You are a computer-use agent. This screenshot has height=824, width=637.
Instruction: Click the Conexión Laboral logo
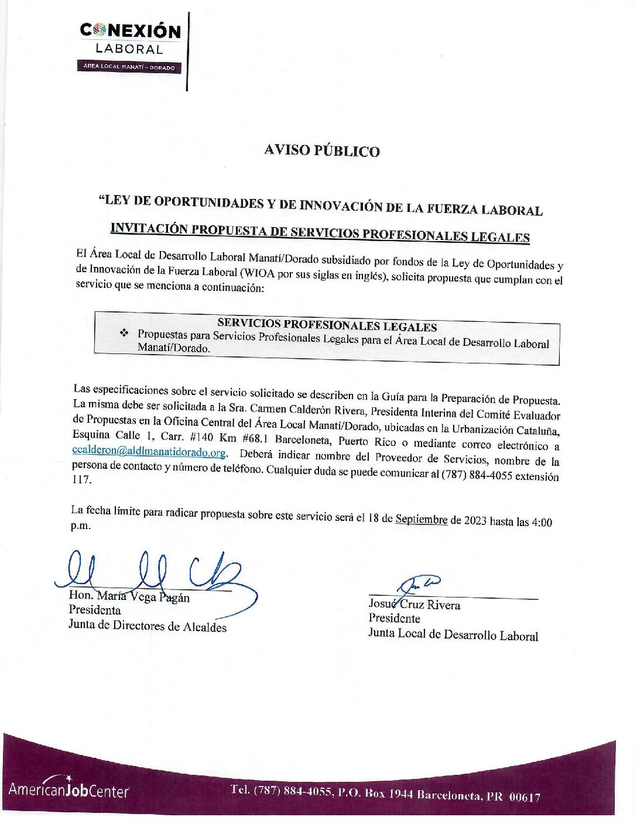point(130,39)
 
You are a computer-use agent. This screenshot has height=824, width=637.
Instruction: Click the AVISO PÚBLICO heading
point(321,150)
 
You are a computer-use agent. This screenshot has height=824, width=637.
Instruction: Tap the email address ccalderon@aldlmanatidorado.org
point(149,452)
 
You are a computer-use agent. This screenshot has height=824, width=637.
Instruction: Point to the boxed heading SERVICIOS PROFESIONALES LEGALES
point(327,325)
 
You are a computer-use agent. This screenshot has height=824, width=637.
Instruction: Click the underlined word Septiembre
point(421,519)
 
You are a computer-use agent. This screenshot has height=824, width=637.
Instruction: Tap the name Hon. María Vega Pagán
point(129,596)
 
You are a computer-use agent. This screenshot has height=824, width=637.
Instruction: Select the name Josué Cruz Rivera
point(414,605)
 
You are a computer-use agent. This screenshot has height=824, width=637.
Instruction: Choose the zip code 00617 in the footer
point(525,796)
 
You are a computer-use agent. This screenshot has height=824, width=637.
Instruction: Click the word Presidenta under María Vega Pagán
point(95,610)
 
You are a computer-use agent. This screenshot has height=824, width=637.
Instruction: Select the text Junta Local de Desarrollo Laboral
point(453,634)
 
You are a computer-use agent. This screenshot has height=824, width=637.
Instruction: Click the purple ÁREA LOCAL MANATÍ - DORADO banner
point(129,67)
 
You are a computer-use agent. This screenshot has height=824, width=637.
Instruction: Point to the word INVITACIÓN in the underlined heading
point(149,228)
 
